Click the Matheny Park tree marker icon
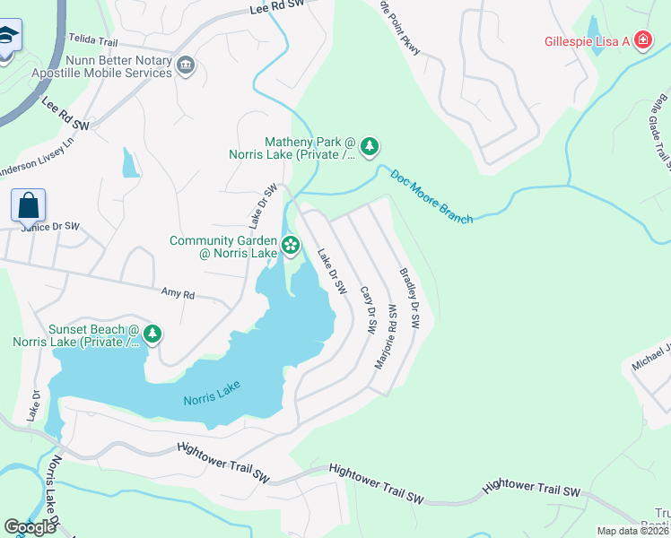(370, 145)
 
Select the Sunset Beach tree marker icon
(153, 334)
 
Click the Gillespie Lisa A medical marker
(642, 39)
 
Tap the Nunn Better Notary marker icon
(186, 65)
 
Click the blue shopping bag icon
(29, 205)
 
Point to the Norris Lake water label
(212, 400)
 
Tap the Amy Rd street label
(178, 292)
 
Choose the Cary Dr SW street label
(366, 310)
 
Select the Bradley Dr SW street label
(410, 299)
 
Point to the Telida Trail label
(93, 39)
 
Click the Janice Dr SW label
(50, 227)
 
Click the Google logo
(30, 526)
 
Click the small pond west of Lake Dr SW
(131, 164)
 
